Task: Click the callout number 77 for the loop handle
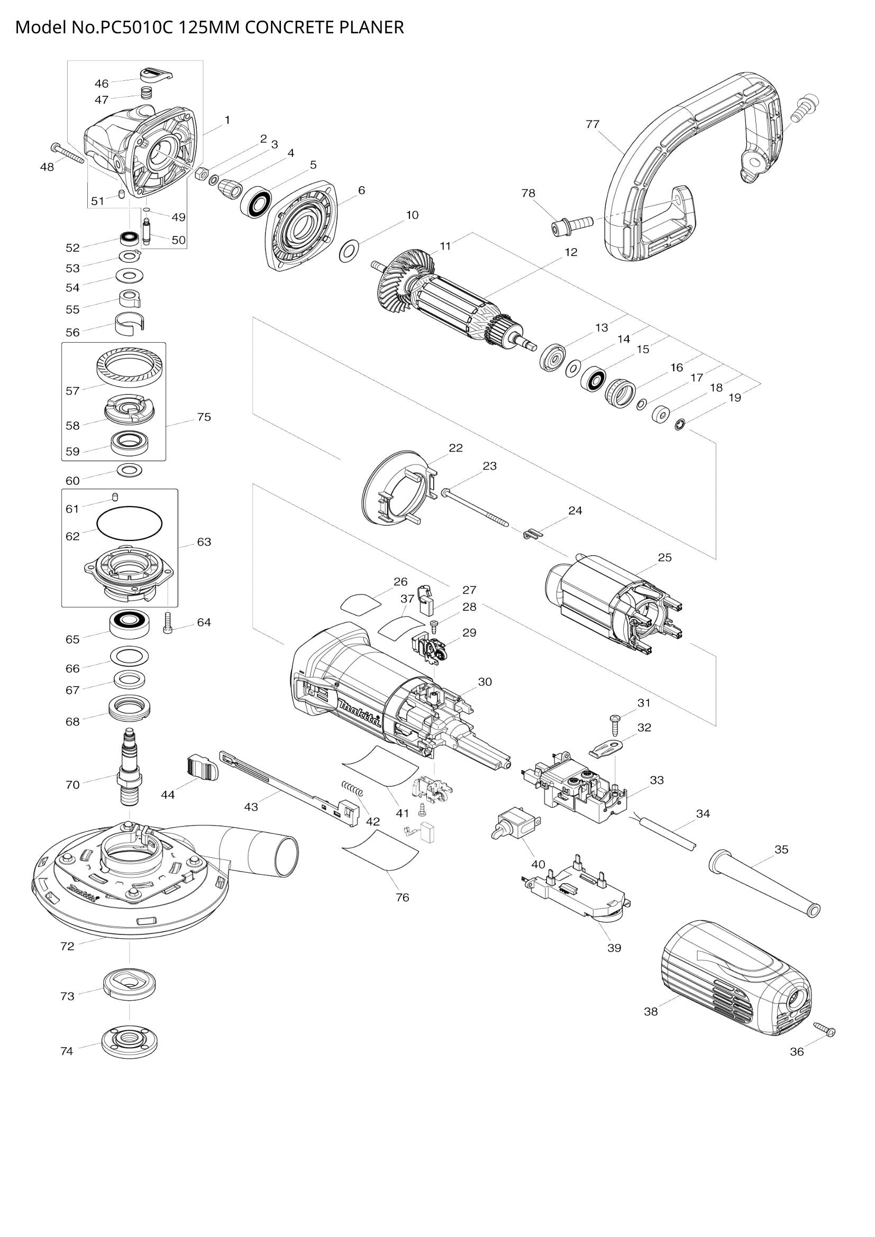[x=592, y=124]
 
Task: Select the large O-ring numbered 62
[x=129, y=522]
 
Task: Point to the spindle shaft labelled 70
[x=129, y=768]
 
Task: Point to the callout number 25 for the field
[x=665, y=557]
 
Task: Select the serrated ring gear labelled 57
[x=130, y=366]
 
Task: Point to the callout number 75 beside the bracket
[x=204, y=417]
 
